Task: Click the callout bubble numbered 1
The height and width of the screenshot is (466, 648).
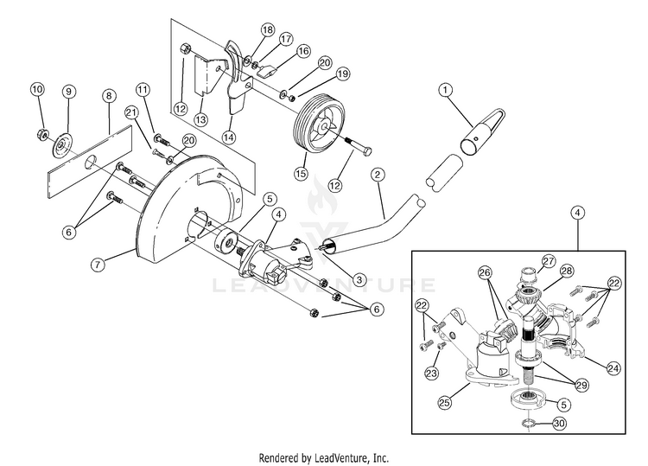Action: (445, 89)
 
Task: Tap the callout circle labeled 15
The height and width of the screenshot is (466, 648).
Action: (302, 173)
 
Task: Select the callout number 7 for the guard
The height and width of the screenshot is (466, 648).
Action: (98, 265)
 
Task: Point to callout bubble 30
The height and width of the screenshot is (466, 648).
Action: (559, 424)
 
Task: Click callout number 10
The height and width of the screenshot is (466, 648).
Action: (37, 89)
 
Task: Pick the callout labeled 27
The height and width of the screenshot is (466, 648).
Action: (549, 261)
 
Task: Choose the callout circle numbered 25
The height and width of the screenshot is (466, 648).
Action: (445, 402)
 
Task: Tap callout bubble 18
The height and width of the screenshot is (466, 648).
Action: (268, 29)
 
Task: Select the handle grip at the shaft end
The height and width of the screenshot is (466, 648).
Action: (481, 131)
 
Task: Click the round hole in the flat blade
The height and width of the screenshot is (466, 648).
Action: (91, 161)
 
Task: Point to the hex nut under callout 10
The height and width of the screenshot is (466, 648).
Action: (42, 133)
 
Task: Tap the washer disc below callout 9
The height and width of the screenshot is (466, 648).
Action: (61, 145)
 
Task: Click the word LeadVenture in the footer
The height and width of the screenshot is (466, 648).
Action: (340, 457)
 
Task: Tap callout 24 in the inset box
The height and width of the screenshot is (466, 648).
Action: (613, 367)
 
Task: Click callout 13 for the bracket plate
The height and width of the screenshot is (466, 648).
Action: (200, 120)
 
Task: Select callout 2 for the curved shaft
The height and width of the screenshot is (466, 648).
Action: (378, 175)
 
